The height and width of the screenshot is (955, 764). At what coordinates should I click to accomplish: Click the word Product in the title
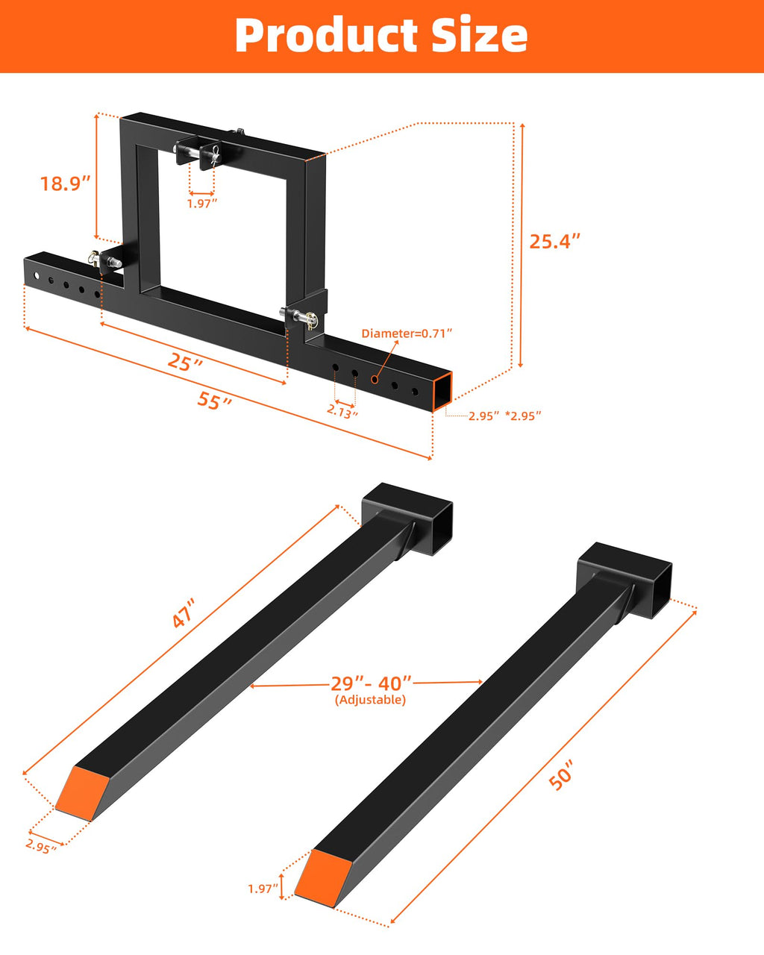[x=326, y=36]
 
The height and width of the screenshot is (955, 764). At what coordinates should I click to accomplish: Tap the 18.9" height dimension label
[x=65, y=184]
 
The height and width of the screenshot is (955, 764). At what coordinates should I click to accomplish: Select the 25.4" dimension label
[x=555, y=242]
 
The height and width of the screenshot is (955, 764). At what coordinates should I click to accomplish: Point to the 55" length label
[x=215, y=401]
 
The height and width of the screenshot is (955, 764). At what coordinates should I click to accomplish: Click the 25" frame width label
[x=185, y=362]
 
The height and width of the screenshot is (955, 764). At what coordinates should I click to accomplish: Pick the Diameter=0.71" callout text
[x=407, y=334]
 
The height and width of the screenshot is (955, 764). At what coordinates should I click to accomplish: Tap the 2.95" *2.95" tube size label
[x=505, y=416]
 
